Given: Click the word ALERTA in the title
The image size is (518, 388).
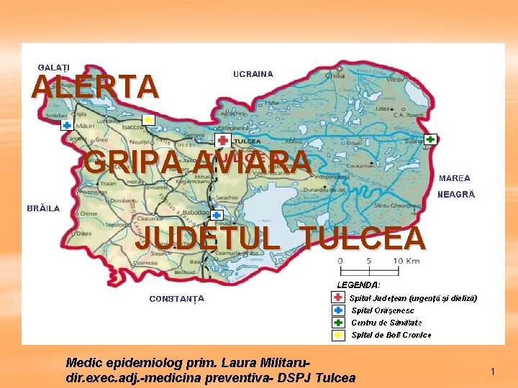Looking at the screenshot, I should click(x=94, y=86).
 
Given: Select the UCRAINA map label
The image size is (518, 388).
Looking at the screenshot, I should click(x=253, y=74).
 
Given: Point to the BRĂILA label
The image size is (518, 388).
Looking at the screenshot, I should click(x=43, y=208).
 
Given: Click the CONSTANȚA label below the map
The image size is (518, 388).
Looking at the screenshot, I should click(x=176, y=298).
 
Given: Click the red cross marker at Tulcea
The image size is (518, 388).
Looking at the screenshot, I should click(x=222, y=141).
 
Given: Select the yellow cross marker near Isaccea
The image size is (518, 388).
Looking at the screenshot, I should click(x=147, y=119).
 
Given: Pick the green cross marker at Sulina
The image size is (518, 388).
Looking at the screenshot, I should click(x=430, y=139).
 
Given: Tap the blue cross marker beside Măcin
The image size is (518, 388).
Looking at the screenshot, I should click(x=66, y=125).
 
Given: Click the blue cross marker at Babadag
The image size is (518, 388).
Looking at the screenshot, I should click(x=217, y=214).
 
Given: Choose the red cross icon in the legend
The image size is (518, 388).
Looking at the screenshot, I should click(x=338, y=297).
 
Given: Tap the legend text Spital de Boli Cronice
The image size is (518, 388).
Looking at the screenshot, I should click(x=391, y=335).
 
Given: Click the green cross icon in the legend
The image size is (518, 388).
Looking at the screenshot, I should click(x=338, y=323).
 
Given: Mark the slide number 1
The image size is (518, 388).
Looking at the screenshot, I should click(x=493, y=371).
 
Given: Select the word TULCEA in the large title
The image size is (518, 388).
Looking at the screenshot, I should click(x=363, y=239).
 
